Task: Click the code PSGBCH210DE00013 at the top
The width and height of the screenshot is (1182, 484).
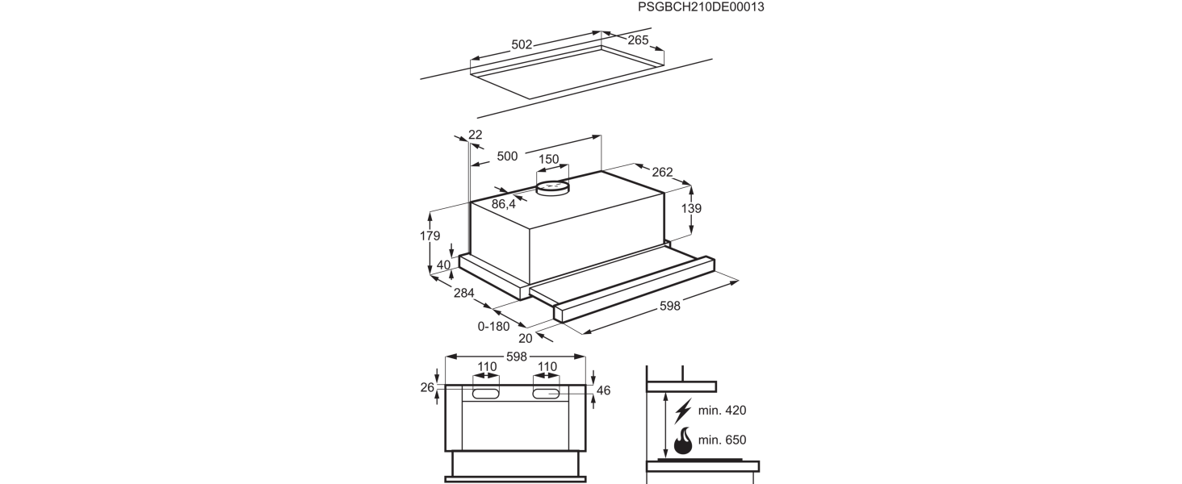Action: (701, 7)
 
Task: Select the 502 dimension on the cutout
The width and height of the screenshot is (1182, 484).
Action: (522, 45)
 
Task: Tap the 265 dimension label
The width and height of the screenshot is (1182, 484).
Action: (638, 40)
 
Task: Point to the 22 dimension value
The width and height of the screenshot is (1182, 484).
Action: (475, 135)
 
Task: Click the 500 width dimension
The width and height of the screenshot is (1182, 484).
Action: (507, 156)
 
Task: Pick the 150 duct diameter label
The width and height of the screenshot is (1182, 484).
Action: (549, 159)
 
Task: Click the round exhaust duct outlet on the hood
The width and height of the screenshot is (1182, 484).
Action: (553, 189)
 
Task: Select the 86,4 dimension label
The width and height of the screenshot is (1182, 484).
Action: (504, 205)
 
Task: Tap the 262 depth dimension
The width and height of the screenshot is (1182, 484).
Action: (662, 172)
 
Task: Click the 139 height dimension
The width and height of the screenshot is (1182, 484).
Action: (691, 208)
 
